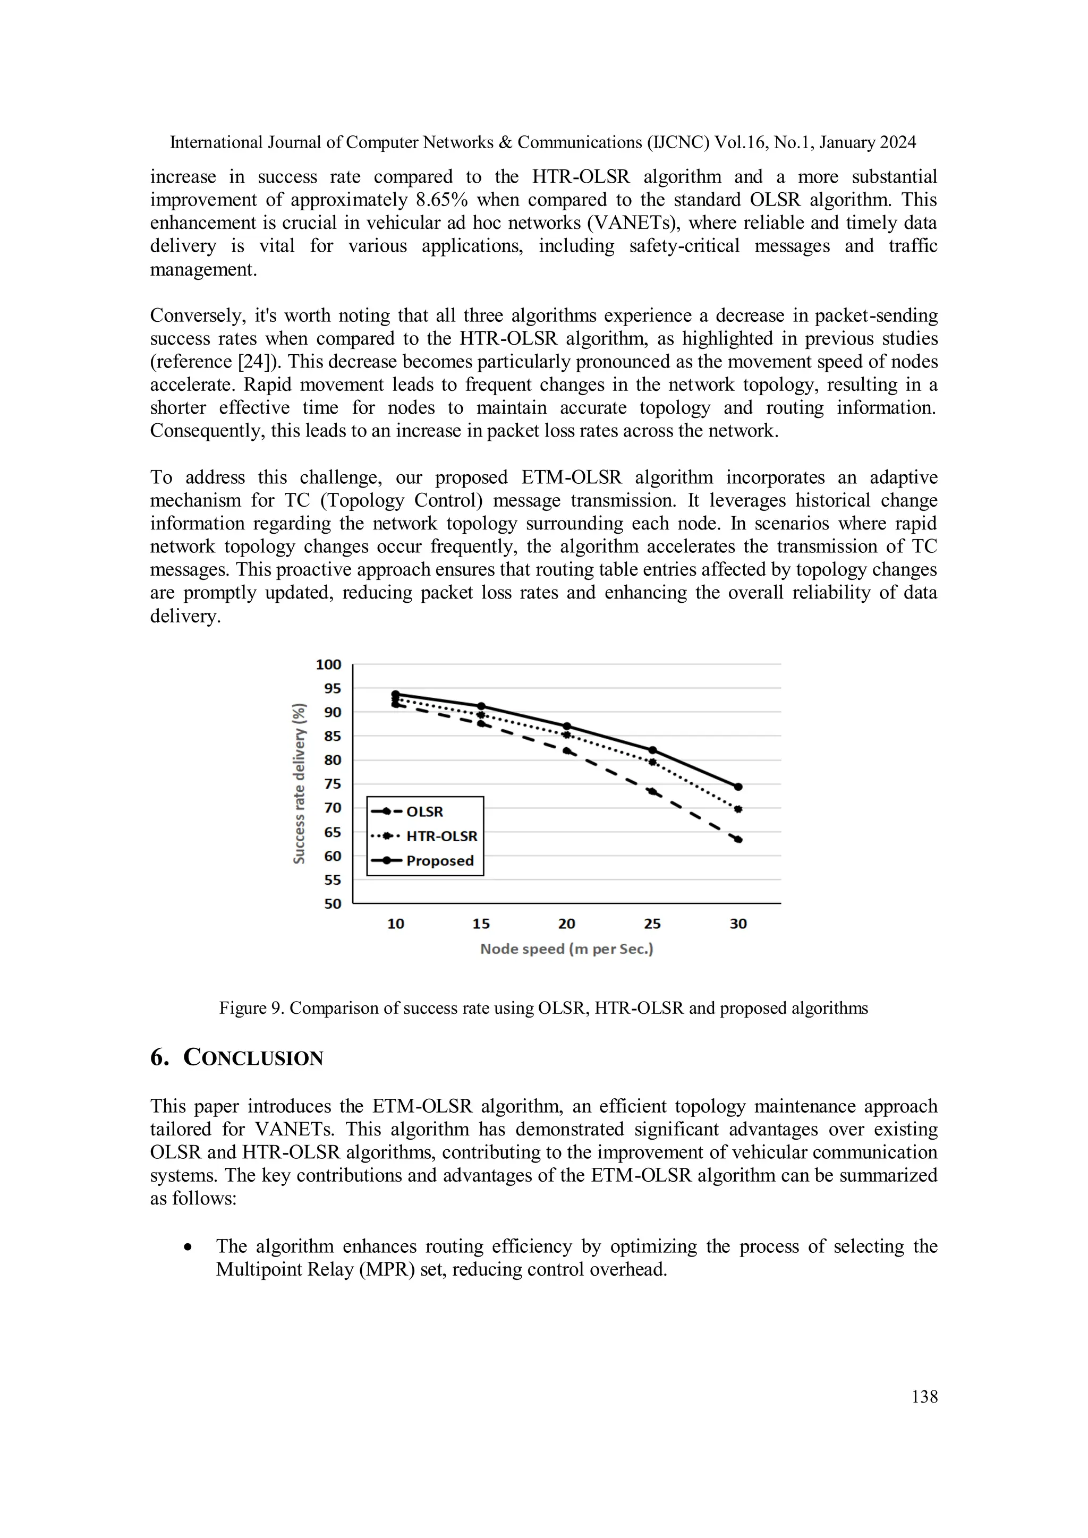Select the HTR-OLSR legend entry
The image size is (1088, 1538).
point(441,836)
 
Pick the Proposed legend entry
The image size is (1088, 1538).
point(439,861)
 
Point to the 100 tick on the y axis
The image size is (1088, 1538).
point(328,664)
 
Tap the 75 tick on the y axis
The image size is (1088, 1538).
point(332,784)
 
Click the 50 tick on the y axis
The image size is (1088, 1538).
point(332,904)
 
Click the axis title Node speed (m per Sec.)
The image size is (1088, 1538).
point(566,949)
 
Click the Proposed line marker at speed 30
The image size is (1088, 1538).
point(738,787)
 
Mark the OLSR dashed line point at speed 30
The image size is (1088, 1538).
point(738,839)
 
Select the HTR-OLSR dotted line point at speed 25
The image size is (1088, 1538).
point(652,762)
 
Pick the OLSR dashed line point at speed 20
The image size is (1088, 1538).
point(567,751)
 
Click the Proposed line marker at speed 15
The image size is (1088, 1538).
point(481,706)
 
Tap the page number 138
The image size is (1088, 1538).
point(924,1397)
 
